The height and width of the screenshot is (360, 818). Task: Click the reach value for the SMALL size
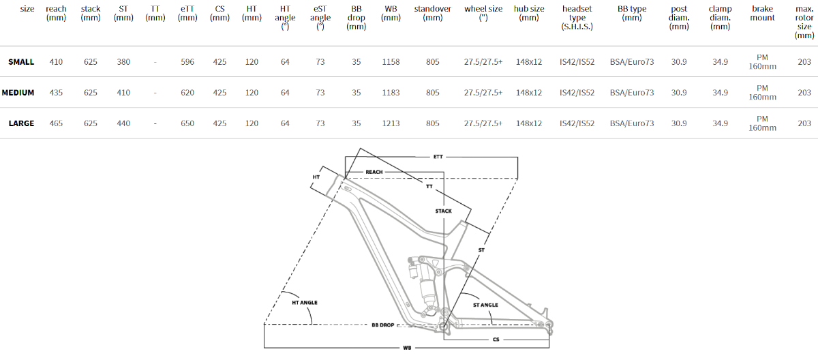click(56, 61)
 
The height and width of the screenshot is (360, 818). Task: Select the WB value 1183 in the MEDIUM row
click(391, 92)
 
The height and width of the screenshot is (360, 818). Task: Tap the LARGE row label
click(21, 123)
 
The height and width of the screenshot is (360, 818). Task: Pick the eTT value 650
click(187, 123)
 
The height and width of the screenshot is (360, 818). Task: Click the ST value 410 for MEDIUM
click(123, 92)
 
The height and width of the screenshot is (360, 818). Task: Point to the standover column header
click(432, 13)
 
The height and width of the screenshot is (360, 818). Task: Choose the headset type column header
click(577, 18)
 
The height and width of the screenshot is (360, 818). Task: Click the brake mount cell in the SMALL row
click(762, 61)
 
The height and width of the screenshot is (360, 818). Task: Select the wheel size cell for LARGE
click(483, 123)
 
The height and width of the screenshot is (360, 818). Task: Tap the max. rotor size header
click(804, 22)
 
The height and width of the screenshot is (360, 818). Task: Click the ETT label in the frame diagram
click(438, 157)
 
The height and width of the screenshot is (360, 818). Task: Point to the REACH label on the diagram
click(374, 172)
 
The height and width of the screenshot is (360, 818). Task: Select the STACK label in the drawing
click(443, 211)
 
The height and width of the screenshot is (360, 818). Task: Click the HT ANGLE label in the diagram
click(305, 303)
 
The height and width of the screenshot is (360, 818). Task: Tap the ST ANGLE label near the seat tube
click(485, 305)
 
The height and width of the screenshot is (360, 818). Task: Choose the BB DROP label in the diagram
click(382, 325)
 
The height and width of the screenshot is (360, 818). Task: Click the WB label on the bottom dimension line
click(407, 348)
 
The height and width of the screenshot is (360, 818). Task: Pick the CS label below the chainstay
click(496, 340)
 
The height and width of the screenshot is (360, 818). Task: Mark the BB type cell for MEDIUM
click(632, 92)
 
